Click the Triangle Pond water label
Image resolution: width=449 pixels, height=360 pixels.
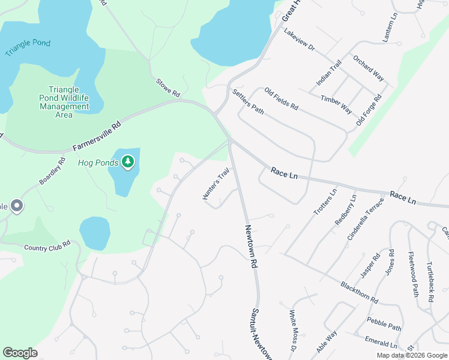(x=28, y=47)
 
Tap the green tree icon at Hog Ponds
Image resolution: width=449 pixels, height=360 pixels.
(x=127, y=161)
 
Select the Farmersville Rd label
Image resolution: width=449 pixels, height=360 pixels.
(x=97, y=136)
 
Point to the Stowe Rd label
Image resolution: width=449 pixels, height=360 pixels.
(x=168, y=88)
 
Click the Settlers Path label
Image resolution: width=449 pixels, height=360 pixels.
(x=248, y=101)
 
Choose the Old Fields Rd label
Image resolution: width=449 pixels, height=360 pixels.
(x=281, y=100)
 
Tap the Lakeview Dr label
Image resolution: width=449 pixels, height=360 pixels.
(x=299, y=40)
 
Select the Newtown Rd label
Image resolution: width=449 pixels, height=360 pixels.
(x=251, y=246)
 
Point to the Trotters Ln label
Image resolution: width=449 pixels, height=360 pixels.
(x=325, y=202)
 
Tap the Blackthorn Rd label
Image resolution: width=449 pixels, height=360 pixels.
(x=359, y=292)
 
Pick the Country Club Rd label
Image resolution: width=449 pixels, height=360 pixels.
(x=47, y=245)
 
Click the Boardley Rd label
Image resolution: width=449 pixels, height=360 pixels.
(x=52, y=171)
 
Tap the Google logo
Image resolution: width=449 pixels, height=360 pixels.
(x=20, y=353)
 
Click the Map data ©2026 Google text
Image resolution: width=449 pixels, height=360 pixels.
(x=411, y=355)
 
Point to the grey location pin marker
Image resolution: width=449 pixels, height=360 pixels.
(x=17, y=206)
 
